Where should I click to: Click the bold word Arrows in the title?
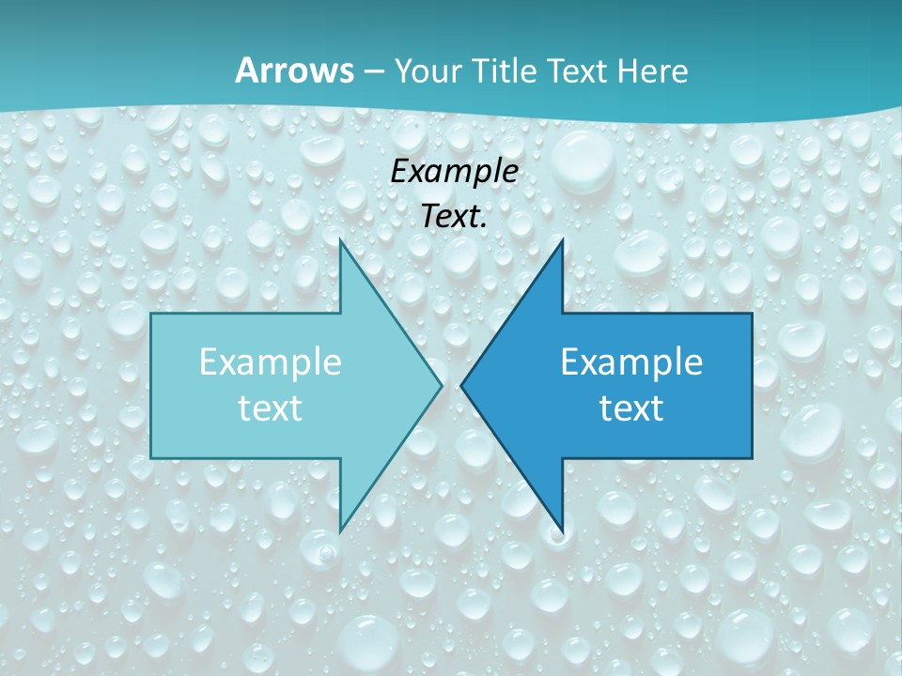coord(294,70)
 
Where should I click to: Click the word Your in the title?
coord(428,70)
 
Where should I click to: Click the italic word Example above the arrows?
coord(455,171)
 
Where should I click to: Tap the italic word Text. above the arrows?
coord(455,216)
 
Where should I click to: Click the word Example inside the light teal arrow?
coord(271,361)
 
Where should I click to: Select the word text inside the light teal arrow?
coord(271,407)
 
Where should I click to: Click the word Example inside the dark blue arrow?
coord(631,361)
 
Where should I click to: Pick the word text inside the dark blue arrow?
coord(631,407)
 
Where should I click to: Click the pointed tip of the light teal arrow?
coord(442,385)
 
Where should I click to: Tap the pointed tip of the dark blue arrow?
coord(461,385)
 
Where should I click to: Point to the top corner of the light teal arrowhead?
coord(340,241)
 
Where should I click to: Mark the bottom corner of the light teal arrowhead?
coord(340,530)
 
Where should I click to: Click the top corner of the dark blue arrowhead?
coord(562,241)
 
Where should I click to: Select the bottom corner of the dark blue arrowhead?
coord(562,530)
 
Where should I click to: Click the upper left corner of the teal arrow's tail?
coord(151,314)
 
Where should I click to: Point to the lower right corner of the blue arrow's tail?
coord(752,457)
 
